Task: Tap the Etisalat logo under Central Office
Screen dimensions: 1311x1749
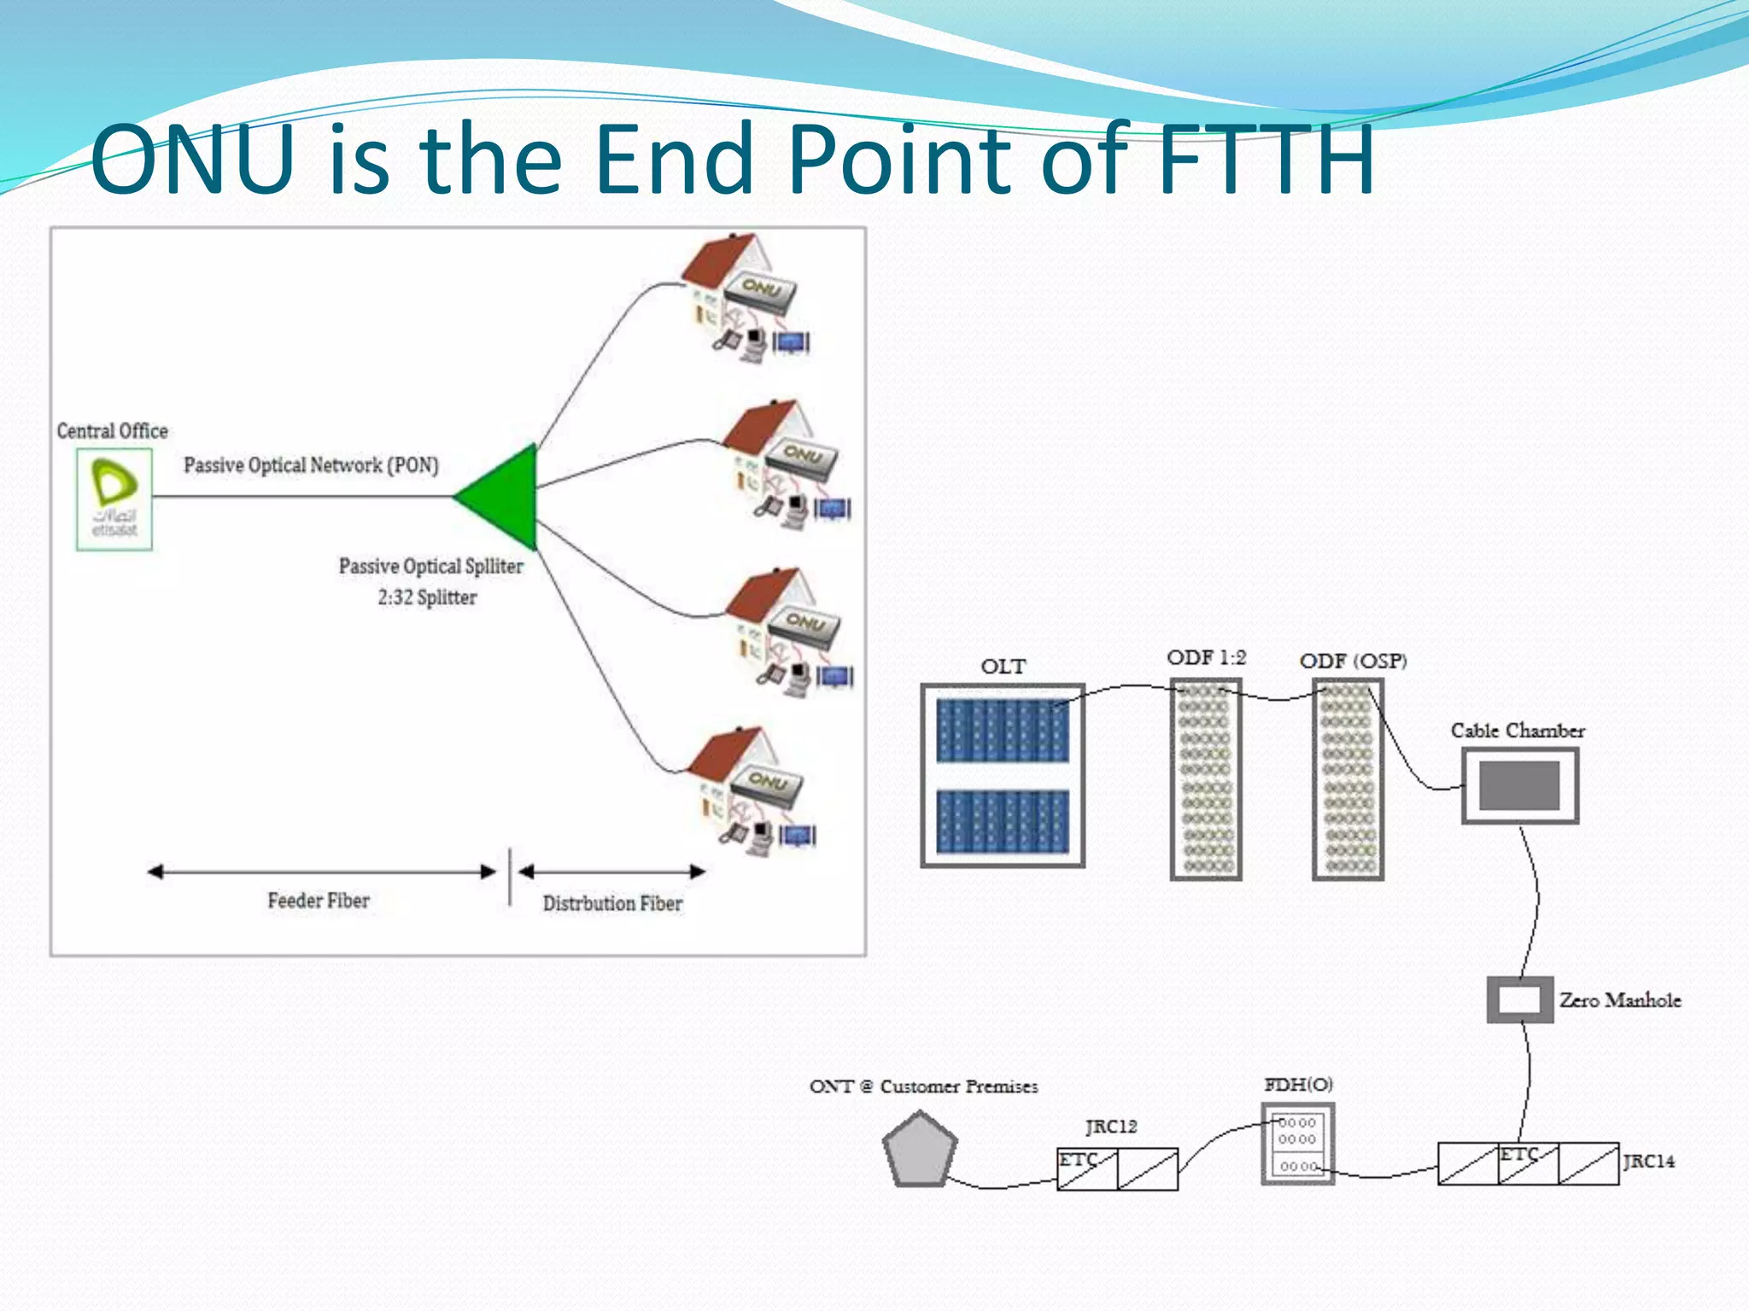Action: (x=114, y=499)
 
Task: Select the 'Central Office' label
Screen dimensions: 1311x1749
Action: (x=112, y=431)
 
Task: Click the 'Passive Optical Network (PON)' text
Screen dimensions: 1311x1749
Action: (x=311, y=465)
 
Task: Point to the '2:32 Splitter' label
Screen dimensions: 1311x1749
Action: (x=427, y=597)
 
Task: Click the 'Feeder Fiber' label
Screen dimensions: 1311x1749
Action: (x=319, y=900)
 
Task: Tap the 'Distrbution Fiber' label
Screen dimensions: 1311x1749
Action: (x=612, y=903)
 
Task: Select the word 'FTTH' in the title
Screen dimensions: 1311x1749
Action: (x=1266, y=159)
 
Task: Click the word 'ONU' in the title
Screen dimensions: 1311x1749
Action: (x=193, y=159)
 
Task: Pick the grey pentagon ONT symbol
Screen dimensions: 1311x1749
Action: (x=919, y=1150)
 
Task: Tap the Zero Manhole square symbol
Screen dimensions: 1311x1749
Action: (x=1519, y=999)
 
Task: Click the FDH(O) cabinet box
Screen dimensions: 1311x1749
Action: (x=1297, y=1144)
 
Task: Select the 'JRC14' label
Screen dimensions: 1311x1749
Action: (x=1648, y=1161)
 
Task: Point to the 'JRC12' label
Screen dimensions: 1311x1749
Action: (x=1111, y=1127)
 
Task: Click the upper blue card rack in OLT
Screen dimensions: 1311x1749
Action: (x=1003, y=731)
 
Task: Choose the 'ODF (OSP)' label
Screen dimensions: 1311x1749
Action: (x=1353, y=661)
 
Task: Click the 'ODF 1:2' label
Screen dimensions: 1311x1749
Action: (x=1206, y=658)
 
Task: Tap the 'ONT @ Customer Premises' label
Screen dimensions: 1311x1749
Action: (x=923, y=1087)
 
